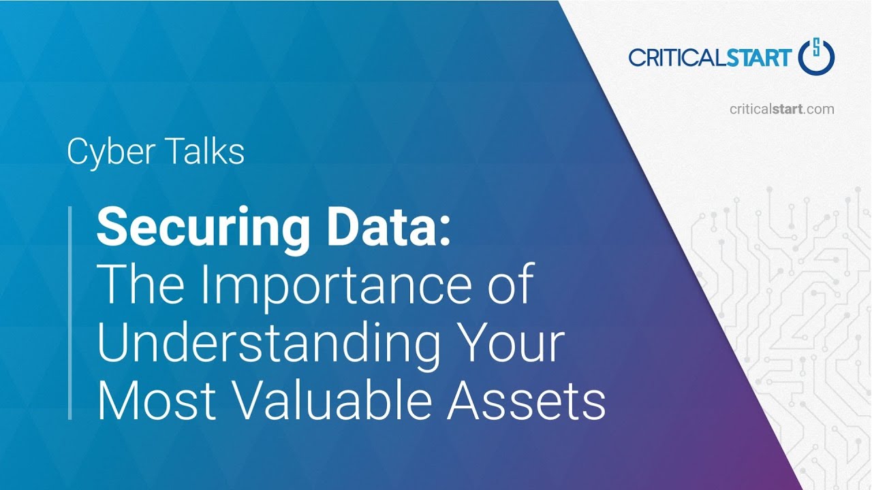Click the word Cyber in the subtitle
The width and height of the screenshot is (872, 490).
click(x=106, y=152)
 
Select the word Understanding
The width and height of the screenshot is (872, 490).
click(x=268, y=344)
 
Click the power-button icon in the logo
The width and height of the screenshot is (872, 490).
click(x=816, y=57)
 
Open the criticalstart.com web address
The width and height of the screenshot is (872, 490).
click(x=781, y=109)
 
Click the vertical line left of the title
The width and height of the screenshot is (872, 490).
click(x=70, y=312)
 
